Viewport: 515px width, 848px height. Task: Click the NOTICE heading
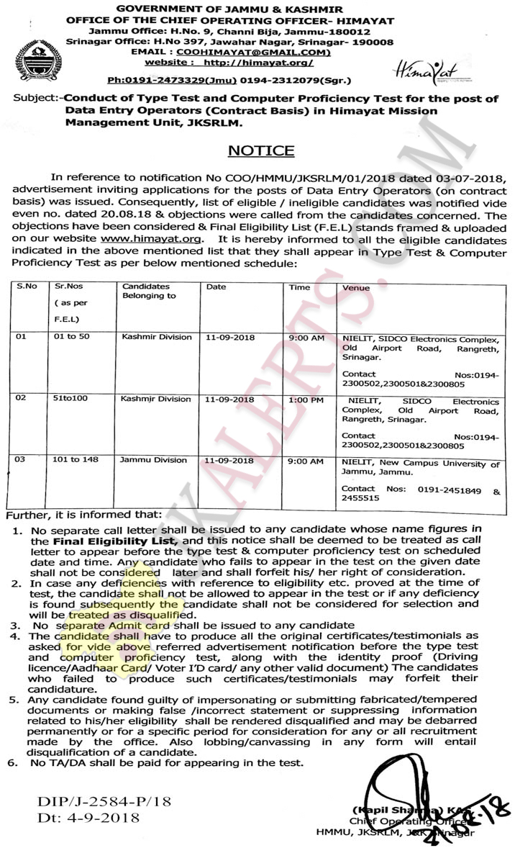click(x=261, y=150)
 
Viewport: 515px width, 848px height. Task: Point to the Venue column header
click(x=356, y=288)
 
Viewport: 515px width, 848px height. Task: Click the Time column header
click(x=299, y=287)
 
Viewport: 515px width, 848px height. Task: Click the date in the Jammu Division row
click(x=229, y=460)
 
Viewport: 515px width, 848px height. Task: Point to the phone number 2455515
click(x=360, y=498)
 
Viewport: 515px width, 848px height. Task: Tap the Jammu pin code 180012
click(x=346, y=32)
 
